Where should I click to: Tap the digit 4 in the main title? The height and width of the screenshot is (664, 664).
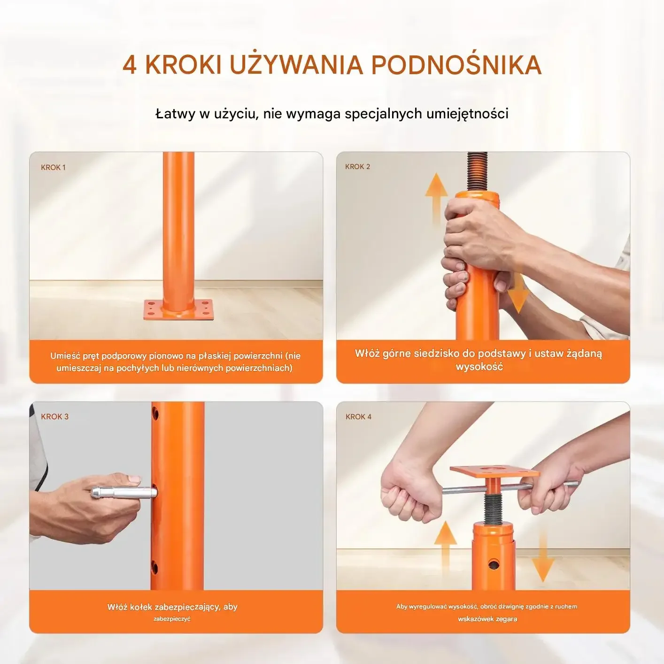(130, 65)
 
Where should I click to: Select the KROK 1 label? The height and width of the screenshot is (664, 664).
(53, 168)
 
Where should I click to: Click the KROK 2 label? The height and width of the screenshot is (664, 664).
(358, 167)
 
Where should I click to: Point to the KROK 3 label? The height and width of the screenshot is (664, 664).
(54, 417)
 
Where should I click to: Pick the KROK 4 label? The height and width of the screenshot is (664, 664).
(358, 417)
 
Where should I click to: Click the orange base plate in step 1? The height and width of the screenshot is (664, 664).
(178, 310)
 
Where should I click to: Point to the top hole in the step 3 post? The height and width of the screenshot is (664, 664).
(155, 412)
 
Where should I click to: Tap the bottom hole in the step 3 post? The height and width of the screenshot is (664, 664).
(154, 567)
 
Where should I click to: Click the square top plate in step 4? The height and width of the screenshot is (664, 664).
(494, 471)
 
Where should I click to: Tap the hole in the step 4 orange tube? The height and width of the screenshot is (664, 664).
(494, 564)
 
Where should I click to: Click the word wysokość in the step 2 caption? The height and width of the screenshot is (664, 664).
(479, 367)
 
